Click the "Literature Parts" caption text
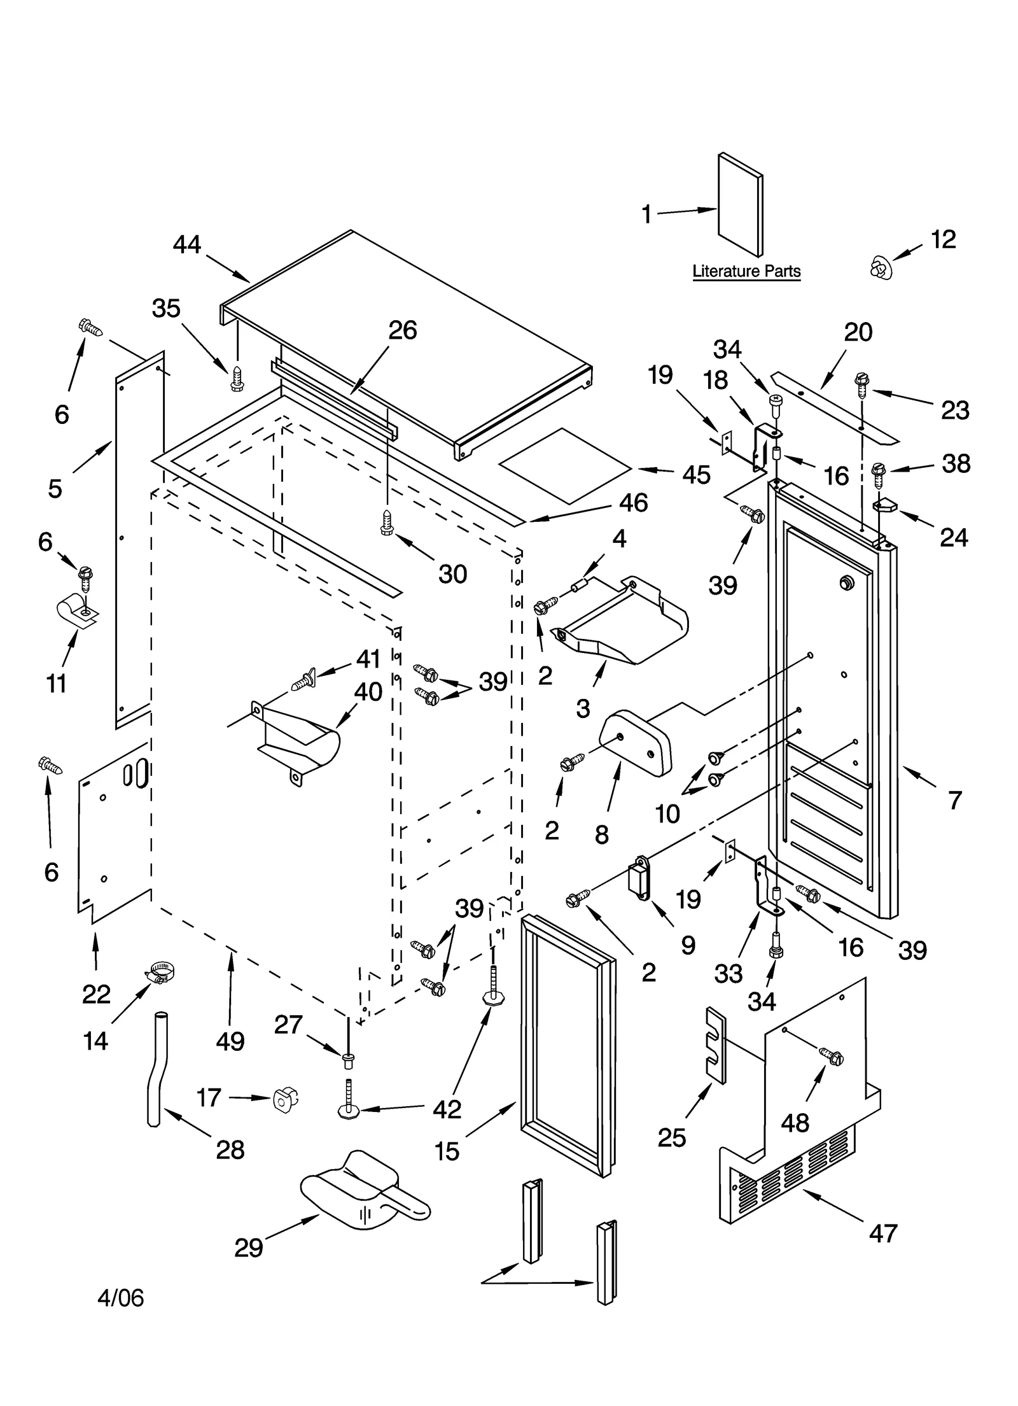746,271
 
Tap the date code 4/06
120,1297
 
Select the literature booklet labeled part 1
741,205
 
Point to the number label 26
402,330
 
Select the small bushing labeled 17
284,1098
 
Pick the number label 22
96,994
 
